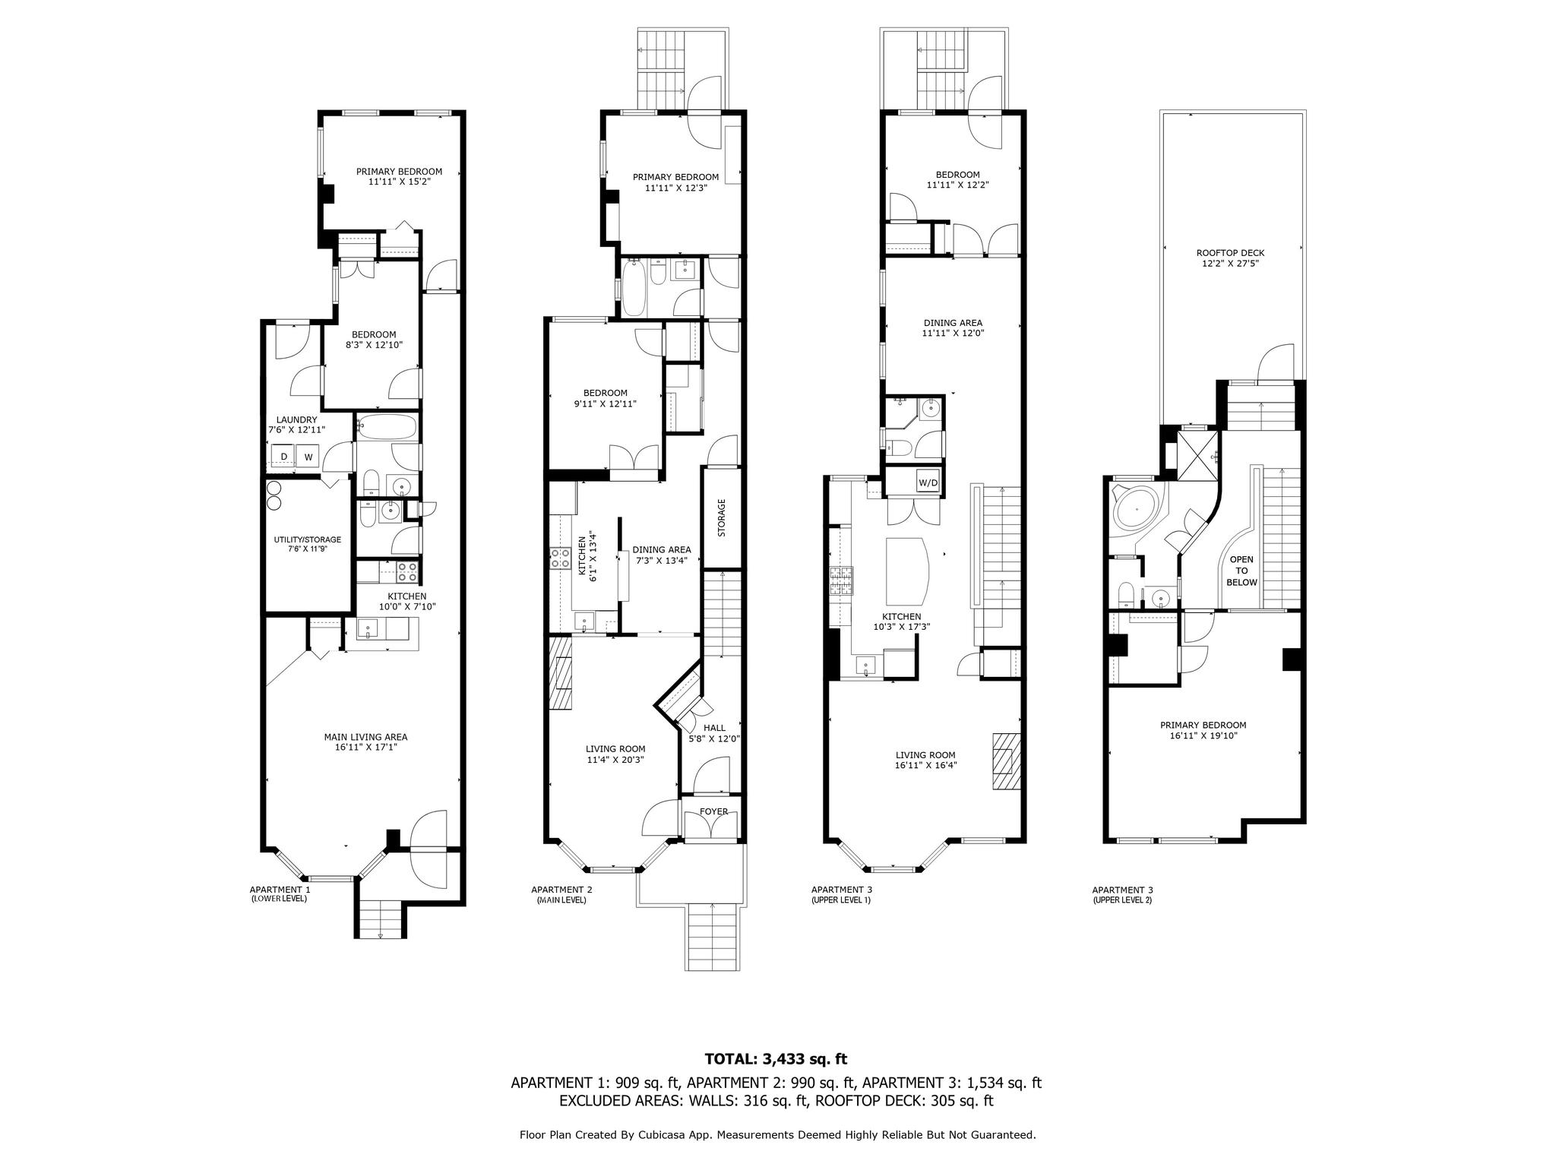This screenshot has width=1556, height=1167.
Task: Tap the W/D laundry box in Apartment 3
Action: pos(927,482)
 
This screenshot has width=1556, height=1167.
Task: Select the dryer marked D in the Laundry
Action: pos(284,457)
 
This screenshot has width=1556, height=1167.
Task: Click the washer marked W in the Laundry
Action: pos(308,457)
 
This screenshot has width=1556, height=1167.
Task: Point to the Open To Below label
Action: pos(1241,571)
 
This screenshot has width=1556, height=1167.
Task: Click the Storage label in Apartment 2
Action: pos(722,517)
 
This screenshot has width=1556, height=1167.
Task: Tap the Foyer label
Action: pos(713,811)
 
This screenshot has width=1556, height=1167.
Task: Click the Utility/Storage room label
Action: pos(308,544)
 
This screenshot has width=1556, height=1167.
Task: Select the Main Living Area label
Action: pos(365,742)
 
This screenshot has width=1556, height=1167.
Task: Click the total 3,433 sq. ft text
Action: pos(776,1058)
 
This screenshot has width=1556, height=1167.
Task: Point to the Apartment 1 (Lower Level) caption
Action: pos(280,893)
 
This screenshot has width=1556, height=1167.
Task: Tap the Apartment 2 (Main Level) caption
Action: pos(561,894)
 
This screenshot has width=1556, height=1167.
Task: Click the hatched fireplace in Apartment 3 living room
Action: pos(1006,762)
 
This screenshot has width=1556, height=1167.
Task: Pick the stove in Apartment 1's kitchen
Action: pos(406,570)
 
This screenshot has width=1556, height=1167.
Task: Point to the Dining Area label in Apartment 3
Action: pos(953,327)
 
